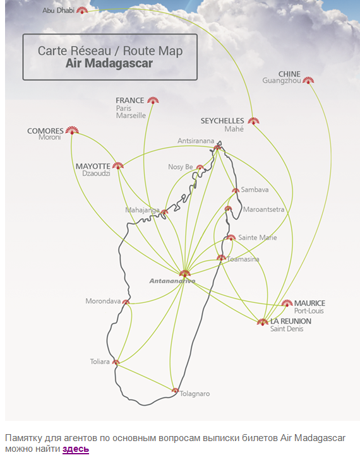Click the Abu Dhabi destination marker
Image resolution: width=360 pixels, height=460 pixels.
[x=82, y=10]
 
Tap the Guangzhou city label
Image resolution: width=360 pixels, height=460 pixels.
[x=282, y=81]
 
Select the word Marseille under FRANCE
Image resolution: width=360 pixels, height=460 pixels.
[x=131, y=115]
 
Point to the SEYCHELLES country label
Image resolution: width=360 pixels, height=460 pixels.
[x=222, y=121]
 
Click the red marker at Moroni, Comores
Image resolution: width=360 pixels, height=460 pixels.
[x=72, y=131]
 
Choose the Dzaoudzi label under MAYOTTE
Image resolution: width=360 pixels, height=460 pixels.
[x=96, y=174]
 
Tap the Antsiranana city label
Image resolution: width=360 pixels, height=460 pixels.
[x=196, y=141]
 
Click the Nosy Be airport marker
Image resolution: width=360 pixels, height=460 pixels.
[x=200, y=167]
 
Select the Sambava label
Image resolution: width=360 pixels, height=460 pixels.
[x=255, y=189]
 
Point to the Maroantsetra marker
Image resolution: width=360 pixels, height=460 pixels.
[x=228, y=209]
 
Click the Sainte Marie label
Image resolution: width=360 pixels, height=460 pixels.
[x=258, y=237]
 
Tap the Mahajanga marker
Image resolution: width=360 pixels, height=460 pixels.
[x=164, y=212]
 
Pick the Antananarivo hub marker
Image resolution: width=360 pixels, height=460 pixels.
[x=184, y=274]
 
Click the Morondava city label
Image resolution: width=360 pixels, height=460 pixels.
[x=103, y=301]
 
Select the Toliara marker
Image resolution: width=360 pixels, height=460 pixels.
[x=116, y=362]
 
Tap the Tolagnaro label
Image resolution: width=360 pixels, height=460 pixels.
[x=195, y=394]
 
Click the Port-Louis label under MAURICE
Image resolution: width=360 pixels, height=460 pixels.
[x=309, y=311]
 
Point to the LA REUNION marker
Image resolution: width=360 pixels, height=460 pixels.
[x=263, y=322]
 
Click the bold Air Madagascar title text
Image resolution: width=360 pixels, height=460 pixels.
[x=109, y=63]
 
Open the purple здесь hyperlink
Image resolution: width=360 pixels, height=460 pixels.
[x=76, y=449]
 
